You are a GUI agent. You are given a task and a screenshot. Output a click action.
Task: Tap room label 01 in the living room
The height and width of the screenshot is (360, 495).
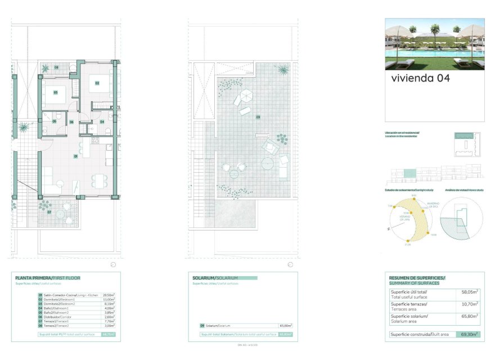[75, 155]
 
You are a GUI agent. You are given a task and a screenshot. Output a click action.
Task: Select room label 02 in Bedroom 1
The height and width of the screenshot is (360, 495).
[97, 83]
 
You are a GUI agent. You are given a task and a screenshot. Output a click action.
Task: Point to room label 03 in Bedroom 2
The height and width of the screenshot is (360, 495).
[56, 92]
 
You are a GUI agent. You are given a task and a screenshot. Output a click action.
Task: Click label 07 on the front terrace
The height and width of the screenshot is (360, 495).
[49, 212]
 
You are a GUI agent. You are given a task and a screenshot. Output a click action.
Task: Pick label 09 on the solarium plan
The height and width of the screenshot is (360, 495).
[258, 117]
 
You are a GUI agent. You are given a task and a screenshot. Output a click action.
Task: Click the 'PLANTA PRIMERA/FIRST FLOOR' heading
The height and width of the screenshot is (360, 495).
[48, 278]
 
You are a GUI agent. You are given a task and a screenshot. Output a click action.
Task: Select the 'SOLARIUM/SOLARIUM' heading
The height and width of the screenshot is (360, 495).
[215, 278]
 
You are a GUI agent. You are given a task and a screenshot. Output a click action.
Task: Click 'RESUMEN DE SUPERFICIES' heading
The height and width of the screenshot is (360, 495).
[417, 278]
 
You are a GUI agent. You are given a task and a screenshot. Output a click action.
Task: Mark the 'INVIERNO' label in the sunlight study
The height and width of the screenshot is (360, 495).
[431, 204]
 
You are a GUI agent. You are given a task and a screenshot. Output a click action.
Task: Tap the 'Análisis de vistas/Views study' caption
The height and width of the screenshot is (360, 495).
[464, 190]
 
